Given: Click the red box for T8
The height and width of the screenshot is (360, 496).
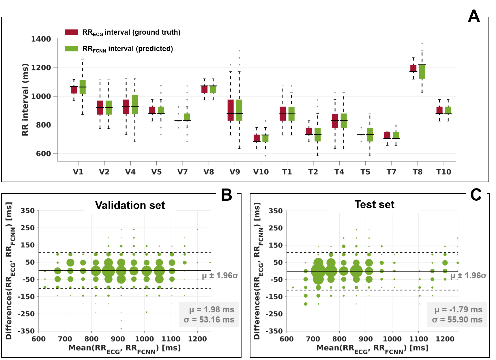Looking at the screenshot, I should [413, 68].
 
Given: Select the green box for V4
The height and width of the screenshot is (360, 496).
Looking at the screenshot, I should [135, 104].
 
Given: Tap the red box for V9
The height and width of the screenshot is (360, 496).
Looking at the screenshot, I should [231, 110].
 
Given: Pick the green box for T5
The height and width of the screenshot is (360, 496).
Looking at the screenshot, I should [370, 135].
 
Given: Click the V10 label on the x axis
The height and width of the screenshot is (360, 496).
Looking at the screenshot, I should [261, 172].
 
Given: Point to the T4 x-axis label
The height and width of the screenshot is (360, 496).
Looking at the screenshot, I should [339, 172].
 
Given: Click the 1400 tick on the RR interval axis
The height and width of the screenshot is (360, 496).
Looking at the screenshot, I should [41, 39].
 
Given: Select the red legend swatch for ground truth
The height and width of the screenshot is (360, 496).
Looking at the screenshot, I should [72, 32].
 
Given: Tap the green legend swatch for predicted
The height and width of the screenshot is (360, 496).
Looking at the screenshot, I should [72, 49].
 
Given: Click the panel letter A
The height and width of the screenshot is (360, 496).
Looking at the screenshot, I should [474, 16].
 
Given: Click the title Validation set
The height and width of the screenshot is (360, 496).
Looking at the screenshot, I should [130, 205].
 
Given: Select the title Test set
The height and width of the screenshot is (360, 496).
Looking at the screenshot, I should [374, 204].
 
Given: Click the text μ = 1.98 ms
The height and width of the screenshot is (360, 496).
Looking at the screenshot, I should [211, 309].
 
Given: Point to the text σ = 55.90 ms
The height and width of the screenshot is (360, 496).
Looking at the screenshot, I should [457, 320].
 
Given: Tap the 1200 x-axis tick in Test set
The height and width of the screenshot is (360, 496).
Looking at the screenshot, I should [445, 339].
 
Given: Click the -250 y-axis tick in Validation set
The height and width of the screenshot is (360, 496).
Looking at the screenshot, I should [26, 314].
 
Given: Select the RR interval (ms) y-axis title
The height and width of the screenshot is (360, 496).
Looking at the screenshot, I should [25, 100].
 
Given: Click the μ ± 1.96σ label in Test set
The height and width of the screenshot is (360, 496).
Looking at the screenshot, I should [468, 276].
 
